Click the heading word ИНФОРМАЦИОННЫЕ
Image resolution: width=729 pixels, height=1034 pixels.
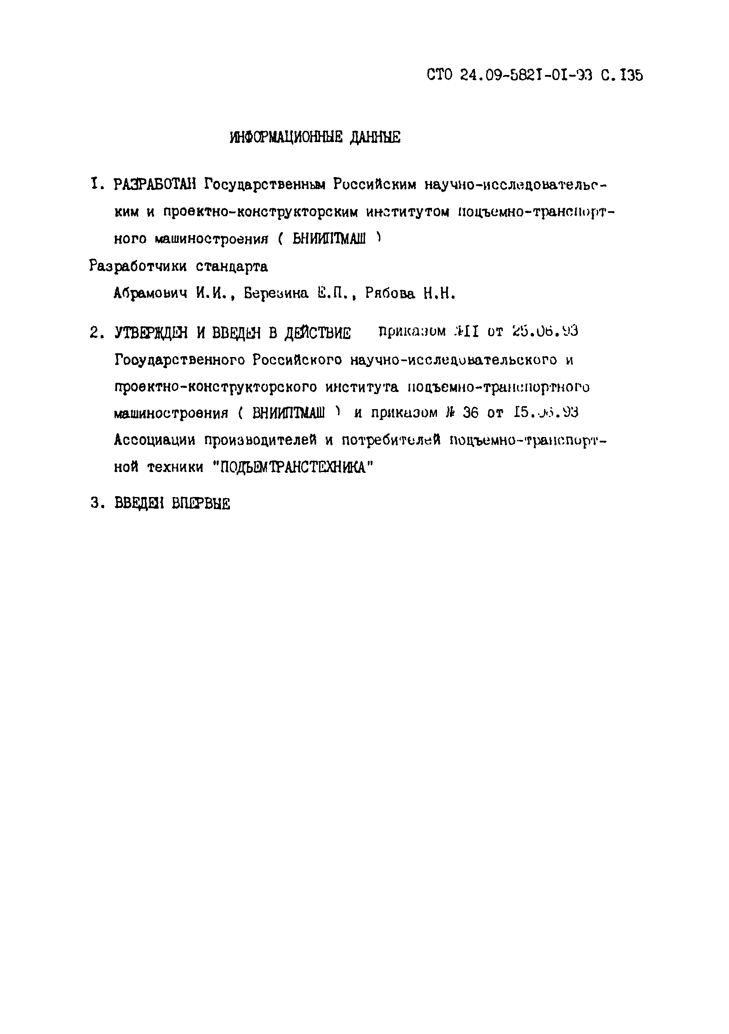coord(288,137)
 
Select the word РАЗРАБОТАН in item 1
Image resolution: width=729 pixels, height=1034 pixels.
coord(154,185)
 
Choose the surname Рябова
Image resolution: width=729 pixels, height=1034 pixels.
coord(390,294)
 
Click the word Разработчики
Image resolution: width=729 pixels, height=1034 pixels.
coord(138,267)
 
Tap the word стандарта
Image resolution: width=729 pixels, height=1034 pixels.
coord(232,267)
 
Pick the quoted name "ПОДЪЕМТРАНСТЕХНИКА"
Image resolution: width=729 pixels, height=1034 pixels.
coord(293,467)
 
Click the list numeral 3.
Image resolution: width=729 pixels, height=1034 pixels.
coord(95,504)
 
